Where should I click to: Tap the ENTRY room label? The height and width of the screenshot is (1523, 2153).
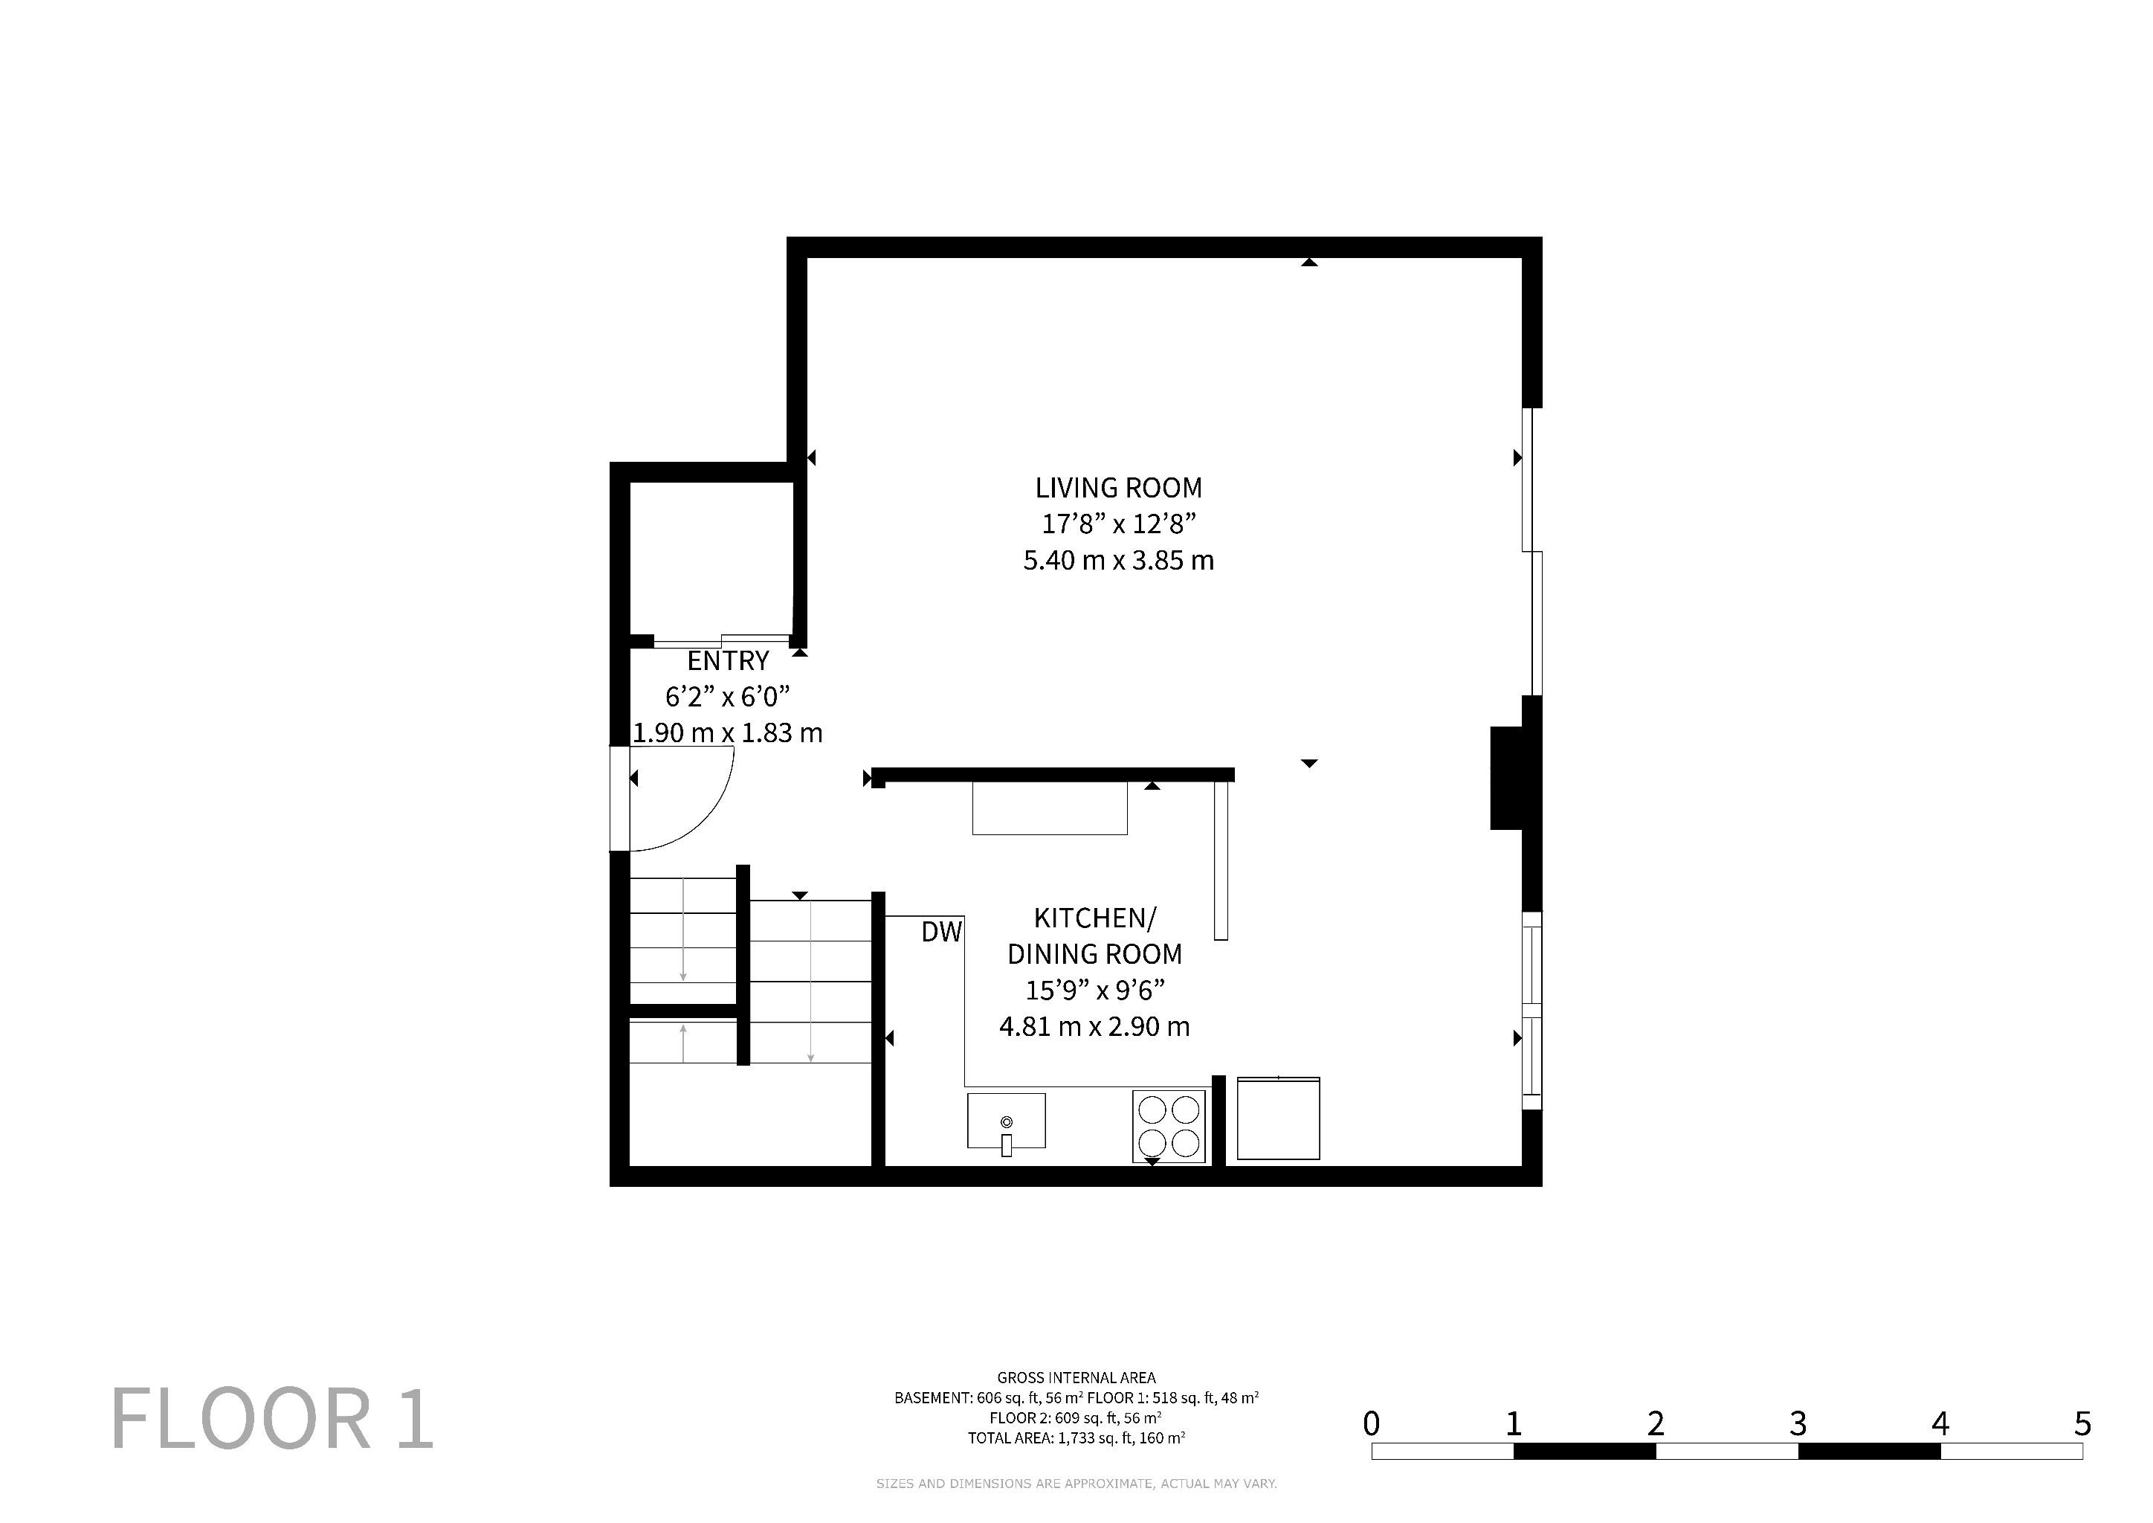(728, 661)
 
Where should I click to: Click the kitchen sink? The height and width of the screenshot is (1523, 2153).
(1006, 1120)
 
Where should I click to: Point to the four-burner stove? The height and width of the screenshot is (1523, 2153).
(1169, 1127)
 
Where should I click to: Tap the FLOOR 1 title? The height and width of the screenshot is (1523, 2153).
(272, 1420)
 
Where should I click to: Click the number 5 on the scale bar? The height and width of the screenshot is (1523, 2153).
(2082, 1423)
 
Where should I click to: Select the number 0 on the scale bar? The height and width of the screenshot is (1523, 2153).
(1371, 1423)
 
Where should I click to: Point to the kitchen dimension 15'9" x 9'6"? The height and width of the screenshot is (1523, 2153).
(1094, 991)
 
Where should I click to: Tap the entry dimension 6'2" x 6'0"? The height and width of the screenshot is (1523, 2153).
(728, 697)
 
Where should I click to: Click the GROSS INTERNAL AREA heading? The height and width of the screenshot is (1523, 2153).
(1076, 1378)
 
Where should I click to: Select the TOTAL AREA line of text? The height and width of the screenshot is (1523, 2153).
(1076, 1437)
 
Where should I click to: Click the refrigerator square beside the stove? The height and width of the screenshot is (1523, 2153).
(1278, 1118)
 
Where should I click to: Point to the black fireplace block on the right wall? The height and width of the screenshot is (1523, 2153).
(1506, 779)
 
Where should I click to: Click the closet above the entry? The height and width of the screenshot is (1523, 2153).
(711, 559)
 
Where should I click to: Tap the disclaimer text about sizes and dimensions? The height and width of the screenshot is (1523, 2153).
(1076, 1484)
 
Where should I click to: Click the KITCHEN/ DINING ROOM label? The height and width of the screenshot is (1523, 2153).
(1094, 936)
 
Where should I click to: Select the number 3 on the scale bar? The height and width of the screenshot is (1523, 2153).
(1798, 1423)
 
